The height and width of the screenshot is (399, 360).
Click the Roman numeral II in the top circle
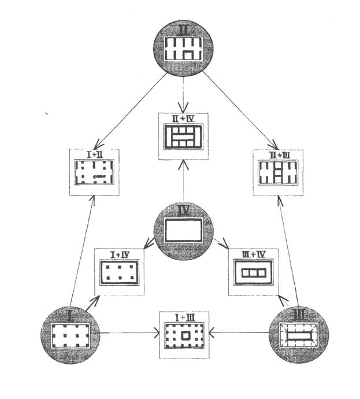[183, 28]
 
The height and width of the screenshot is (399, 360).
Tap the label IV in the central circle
[183, 211]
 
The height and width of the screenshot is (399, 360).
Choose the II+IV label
[183, 119]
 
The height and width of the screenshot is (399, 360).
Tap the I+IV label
[119, 254]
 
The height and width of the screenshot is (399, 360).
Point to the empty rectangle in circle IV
[183, 231]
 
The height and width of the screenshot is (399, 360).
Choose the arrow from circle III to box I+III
[240, 333]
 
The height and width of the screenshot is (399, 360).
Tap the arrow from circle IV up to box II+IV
[183, 179]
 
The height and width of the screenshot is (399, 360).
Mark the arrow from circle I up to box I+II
[81, 249]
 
